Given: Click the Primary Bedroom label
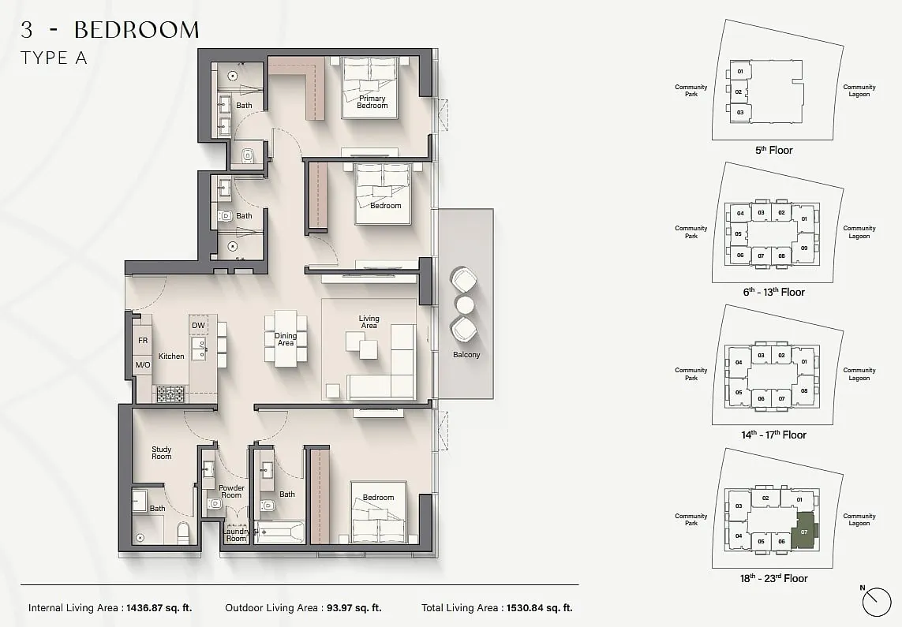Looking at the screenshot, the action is pos(372,102).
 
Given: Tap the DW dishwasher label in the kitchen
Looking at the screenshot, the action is pos(198,325).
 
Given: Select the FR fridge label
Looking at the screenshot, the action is pos(143,340).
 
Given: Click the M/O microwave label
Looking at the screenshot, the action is pos(143,365).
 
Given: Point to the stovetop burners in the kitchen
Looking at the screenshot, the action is pos(170,394).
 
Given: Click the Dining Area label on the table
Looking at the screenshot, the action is pos(286,339).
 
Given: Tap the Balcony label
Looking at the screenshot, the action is pos(466,355).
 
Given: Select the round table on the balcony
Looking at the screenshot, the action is pos(464,303).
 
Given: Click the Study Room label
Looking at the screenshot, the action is pos(162,453).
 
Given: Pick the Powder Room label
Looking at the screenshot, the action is pos(231,491).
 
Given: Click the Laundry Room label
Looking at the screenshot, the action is pos(236,535).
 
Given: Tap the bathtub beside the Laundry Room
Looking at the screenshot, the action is pos(279,532).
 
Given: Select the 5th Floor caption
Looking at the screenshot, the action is pos(773,150).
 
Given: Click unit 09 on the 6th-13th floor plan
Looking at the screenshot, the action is pos(804,248).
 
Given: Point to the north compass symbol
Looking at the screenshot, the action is pos(877,601).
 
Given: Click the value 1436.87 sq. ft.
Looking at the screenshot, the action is pos(159,607).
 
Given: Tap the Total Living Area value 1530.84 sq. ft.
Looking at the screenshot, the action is pos(540,607).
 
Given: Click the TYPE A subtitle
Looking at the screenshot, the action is pos(54,58).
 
